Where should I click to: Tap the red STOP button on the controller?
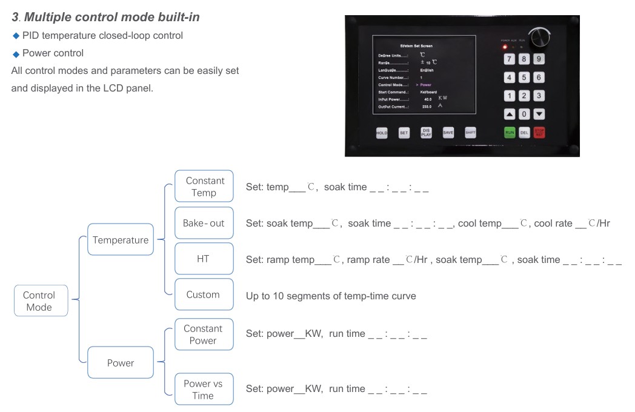[539, 132]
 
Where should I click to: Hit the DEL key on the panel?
[524, 132]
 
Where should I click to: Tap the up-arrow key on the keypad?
[510, 114]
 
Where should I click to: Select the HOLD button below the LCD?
[382, 133]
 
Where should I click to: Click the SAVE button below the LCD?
[448, 133]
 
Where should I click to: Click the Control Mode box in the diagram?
[41, 301]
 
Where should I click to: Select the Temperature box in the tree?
[120, 240]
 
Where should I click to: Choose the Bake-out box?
[204, 223]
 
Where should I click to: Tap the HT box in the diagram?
[204, 259]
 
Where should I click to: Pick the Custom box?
[204, 294]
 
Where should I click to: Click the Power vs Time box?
[204, 389]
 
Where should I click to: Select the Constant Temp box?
[204, 186]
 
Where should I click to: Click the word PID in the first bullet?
[30, 36]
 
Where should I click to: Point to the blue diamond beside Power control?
[16, 54]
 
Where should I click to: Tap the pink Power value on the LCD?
[425, 85]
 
